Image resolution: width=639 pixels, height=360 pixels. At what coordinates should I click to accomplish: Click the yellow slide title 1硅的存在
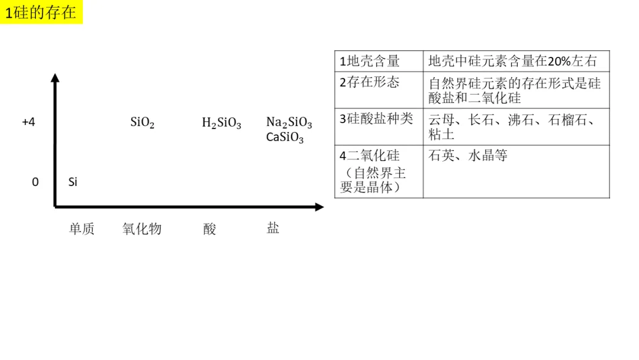(41, 12)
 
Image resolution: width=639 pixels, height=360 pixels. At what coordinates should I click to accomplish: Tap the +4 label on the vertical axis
(28, 122)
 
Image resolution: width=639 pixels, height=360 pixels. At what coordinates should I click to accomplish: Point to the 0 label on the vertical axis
(35, 182)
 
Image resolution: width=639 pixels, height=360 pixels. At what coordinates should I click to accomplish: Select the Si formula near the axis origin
(73, 182)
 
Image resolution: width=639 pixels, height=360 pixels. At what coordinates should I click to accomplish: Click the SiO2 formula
(142, 123)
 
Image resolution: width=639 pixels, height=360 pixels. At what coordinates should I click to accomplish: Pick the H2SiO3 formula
(221, 123)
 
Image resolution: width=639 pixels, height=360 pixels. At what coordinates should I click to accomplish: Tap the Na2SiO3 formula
(289, 123)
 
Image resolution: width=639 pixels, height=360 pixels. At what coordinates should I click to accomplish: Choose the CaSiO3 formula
(285, 137)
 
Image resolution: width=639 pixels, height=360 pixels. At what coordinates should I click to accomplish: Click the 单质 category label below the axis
(82, 229)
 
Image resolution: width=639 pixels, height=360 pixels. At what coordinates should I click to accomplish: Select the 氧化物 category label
(142, 229)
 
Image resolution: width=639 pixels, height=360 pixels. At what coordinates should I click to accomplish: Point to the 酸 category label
(209, 229)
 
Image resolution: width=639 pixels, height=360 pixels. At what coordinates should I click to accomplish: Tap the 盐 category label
(273, 227)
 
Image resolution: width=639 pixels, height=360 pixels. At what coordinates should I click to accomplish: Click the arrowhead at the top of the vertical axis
(55, 77)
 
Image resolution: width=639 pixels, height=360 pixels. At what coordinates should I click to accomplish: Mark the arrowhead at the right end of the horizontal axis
(319, 207)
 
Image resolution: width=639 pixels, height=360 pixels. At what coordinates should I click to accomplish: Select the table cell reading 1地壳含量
(379, 61)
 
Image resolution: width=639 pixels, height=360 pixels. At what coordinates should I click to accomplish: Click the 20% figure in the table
(559, 61)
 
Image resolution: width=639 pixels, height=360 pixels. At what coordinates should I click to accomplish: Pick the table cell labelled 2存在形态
(379, 90)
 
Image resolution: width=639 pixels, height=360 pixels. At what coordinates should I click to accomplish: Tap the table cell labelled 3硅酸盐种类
(379, 127)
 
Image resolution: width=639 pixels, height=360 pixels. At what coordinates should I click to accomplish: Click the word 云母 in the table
(441, 120)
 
